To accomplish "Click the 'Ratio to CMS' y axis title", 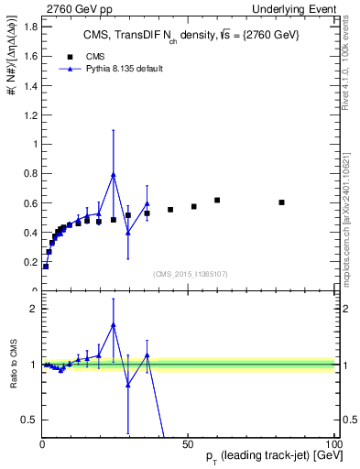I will (x=13, y=365).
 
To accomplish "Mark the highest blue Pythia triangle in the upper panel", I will (x=114, y=174).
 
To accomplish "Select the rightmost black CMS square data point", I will (x=281, y=202).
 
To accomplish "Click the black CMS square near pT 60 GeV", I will (x=217, y=200).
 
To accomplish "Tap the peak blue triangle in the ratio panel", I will (x=114, y=324).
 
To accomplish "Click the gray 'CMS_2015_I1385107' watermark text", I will (x=190, y=272).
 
